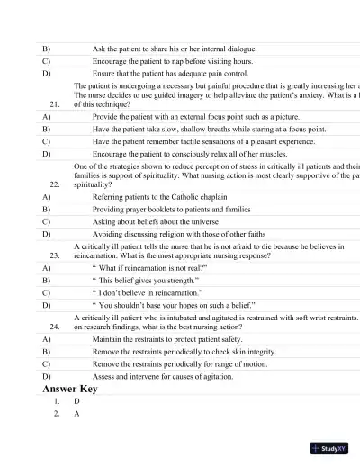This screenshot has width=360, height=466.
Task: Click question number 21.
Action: click(56, 104)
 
